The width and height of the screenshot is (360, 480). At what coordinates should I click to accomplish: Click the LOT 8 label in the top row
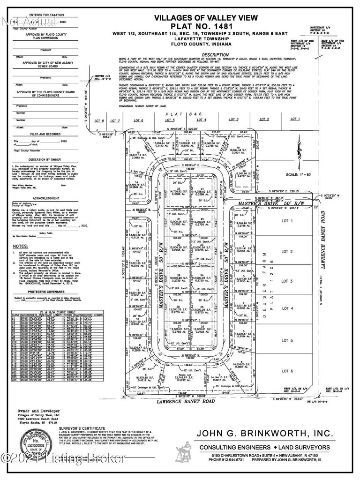99,120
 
